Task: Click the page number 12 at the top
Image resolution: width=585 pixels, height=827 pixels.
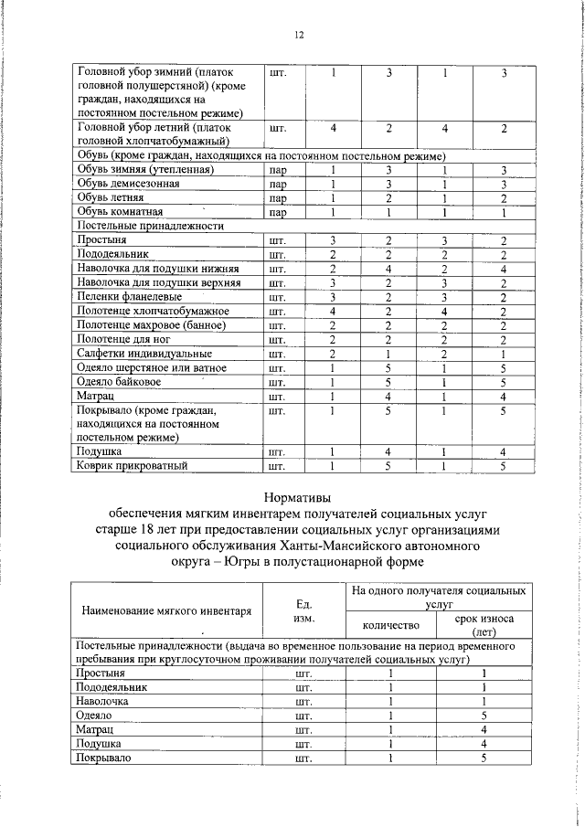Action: (x=298, y=35)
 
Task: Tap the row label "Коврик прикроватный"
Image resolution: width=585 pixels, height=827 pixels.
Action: (x=133, y=466)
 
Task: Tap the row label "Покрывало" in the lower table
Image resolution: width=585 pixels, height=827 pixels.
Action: (x=105, y=758)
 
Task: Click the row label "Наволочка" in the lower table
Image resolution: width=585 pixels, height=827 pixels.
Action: (x=104, y=701)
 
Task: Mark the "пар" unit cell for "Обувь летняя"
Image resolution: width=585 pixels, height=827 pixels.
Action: (x=278, y=198)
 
